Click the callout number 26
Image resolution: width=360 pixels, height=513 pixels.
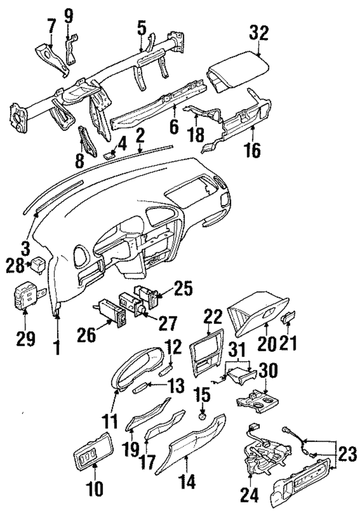point(86,335)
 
